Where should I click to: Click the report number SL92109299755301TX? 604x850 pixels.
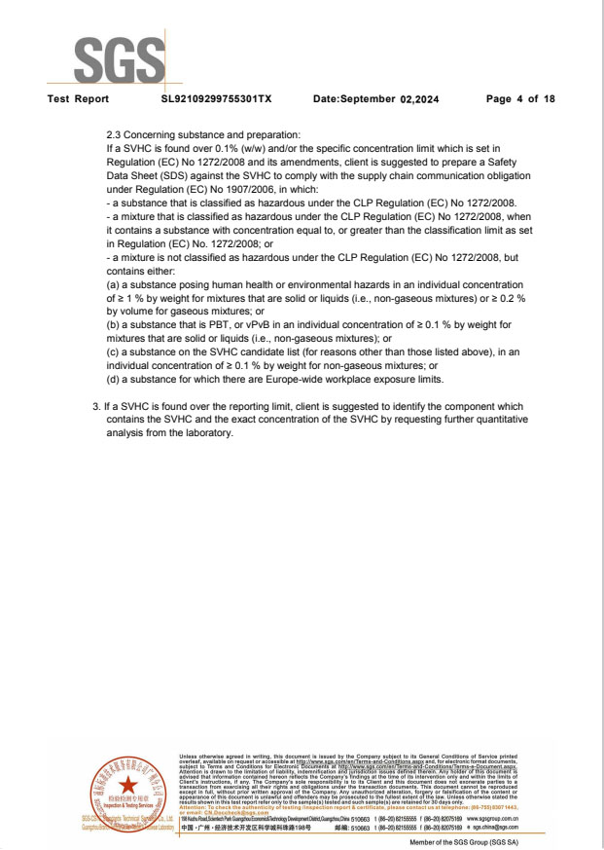tap(216, 99)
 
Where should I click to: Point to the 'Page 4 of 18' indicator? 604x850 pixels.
tap(520, 99)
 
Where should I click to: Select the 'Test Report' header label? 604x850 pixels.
tap(78, 99)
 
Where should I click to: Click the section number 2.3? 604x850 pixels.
tap(115, 134)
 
